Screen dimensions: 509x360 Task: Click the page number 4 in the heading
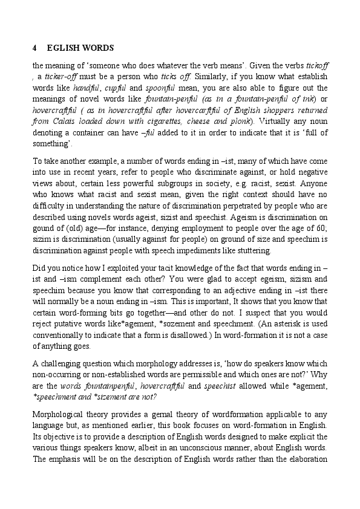pos(35,48)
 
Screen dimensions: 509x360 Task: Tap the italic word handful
pos(86,89)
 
